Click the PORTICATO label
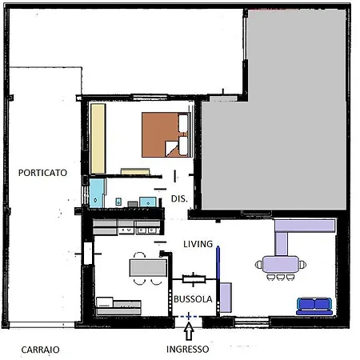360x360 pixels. [42, 173]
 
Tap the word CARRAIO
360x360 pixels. [40, 350]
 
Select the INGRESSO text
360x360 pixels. [188, 349]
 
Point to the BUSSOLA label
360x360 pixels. [193, 299]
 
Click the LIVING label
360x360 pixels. [198, 244]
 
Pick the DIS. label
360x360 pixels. [179, 198]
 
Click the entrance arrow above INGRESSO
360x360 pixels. [189, 330]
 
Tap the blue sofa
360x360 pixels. [314, 306]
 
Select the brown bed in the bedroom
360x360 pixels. [166, 134]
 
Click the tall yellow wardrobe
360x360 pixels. [98, 138]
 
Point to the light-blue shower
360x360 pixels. [96, 193]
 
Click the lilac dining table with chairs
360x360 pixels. [281, 265]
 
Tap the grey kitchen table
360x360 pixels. [148, 268]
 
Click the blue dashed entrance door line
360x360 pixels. [189, 317]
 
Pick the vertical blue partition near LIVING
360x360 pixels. [218, 262]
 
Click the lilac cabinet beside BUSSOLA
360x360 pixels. [226, 298]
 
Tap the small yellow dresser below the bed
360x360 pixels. [135, 171]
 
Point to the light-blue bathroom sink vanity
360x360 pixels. [148, 202]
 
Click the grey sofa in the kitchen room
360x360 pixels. [118, 306]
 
